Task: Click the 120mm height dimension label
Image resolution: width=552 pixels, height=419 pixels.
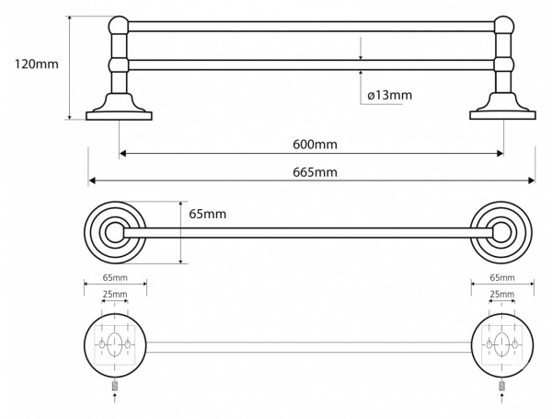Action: [x=36, y=64]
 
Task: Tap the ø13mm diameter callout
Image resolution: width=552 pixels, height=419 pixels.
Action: [x=389, y=95]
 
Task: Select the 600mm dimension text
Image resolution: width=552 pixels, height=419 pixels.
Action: [x=315, y=145]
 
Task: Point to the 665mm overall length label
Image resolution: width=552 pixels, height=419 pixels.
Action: [x=315, y=172]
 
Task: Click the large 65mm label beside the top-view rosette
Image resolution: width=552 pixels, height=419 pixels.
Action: [x=208, y=214]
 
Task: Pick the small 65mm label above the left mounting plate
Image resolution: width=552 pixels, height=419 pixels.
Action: [x=115, y=278]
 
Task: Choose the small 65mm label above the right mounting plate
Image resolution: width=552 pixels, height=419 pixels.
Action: [x=502, y=278]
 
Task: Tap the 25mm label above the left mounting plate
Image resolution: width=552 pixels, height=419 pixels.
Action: [x=115, y=294]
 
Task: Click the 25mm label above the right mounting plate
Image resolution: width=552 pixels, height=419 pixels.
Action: [x=502, y=294]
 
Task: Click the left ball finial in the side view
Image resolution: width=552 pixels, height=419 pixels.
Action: [x=119, y=26]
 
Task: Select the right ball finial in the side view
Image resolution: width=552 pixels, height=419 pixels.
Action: [x=504, y=26]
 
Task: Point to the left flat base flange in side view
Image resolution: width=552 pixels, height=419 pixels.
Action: [x=119, y=116]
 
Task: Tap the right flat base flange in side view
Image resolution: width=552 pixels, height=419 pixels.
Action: [x=502, y=115]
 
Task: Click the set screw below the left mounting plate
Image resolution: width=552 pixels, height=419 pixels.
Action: [x=115, y=386]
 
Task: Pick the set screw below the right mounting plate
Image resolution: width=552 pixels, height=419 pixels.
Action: [x=502, y=386]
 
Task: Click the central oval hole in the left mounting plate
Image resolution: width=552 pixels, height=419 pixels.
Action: [x=114, y=343]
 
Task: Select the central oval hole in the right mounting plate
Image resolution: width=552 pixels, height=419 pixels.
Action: [x=502, y=343]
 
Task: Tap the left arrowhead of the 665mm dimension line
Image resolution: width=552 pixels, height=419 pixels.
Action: [x=92, y=180]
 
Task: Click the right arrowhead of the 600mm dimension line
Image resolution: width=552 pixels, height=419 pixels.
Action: [x=500, y=153]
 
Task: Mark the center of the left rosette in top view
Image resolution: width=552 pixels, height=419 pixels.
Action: [x=115, y=233]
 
